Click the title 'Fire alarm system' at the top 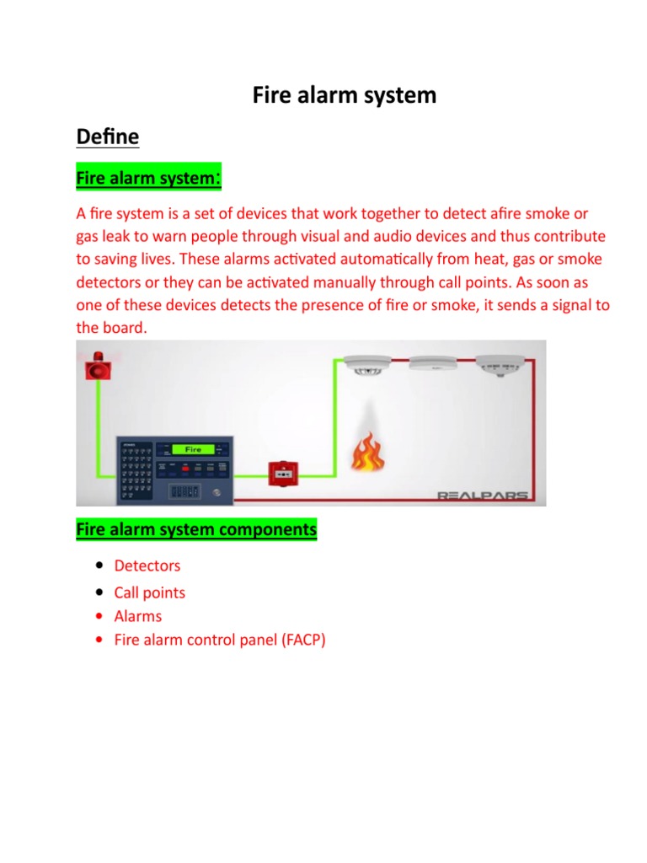click(345, 95)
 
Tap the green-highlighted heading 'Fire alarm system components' click(196, 530)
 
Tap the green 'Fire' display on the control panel click(192, 450)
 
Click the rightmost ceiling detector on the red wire click(500, 365)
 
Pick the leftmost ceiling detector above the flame click(368, 365)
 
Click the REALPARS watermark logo click(483, 495)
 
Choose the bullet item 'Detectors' click(147, 566)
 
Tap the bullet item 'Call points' click(150, 592)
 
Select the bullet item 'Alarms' click(138, 616)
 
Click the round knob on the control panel click(217, 492)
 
